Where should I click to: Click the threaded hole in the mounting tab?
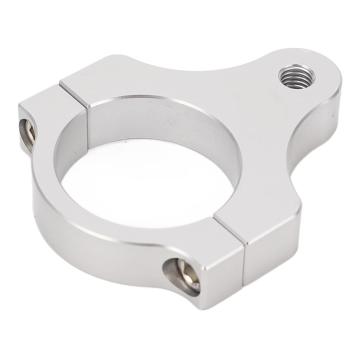pos(296,76)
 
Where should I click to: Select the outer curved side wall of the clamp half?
pos(88,253)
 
